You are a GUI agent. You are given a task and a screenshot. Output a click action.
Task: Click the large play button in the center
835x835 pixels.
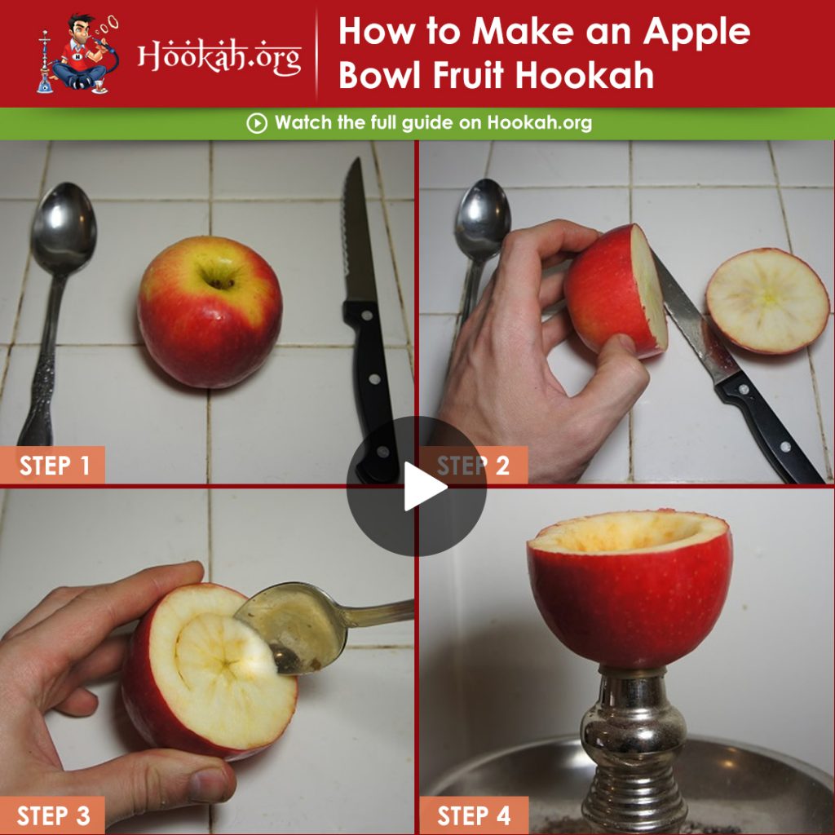tap(417, 486)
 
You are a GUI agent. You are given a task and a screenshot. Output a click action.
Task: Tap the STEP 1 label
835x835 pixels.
tap(52, 466)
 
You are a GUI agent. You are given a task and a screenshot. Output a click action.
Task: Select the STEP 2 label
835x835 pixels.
tap(474, 466)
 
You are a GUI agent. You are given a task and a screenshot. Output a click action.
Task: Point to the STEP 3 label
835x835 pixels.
tap(52, 815)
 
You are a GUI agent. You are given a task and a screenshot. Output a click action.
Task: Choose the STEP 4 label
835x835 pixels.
tap(474, 815)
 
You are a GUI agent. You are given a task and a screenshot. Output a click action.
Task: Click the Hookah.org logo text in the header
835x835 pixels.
tap(219, 56)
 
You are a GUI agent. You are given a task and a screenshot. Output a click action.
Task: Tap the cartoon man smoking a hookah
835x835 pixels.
tap(79, 53)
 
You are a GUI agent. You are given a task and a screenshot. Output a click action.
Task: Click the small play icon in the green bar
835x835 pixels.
tap(257, 124)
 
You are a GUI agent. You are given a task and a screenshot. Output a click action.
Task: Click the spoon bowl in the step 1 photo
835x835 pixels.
tap(64, 228)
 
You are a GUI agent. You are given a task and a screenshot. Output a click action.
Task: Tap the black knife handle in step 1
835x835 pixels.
tap(372, 391)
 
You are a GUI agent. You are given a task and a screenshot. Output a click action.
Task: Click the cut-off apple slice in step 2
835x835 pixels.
tap(767, 301)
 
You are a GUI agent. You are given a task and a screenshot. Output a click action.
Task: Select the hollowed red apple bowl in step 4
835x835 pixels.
tap(630, 589)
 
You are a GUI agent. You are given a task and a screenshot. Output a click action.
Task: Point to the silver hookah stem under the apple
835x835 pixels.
tap(633, 749)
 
